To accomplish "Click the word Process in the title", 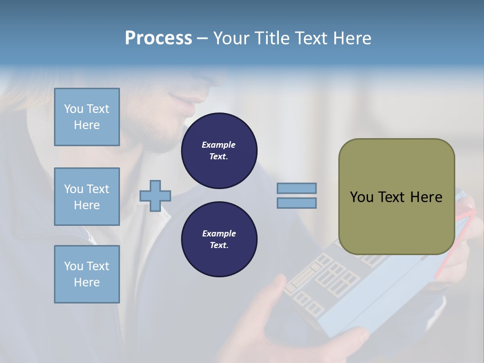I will click(x=158, y=38).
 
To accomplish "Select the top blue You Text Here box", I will click(x=87, y=117).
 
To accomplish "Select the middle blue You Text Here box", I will click(x=87, y=197).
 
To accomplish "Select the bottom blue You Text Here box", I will click(x=87, y=274).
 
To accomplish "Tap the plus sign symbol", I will click(x=155, y=196).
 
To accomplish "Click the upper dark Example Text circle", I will click(x=219, y=151).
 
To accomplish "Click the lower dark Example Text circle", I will click(x=219, y=239).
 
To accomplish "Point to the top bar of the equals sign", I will click(x=296, y=188).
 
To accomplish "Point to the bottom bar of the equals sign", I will click(x=296, y=203).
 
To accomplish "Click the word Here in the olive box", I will click(x=426, y=197).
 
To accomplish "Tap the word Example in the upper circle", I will click(x=218, y=145).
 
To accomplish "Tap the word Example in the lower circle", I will click(x=218, y=233).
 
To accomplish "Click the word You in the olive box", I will click(x=361, y=197).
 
